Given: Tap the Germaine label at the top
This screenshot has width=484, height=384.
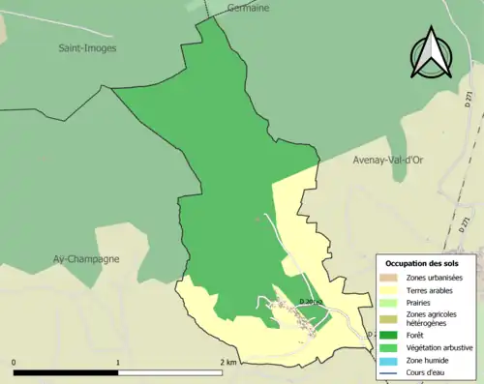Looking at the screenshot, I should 248,7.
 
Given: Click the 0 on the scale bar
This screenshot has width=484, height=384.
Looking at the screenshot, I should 15,363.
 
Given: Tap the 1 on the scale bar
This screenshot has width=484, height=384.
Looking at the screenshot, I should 118,363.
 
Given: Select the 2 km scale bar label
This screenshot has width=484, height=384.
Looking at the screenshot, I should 227,363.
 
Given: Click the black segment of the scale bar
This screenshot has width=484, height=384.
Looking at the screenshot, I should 66,372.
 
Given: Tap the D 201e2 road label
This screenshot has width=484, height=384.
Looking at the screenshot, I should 313,302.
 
